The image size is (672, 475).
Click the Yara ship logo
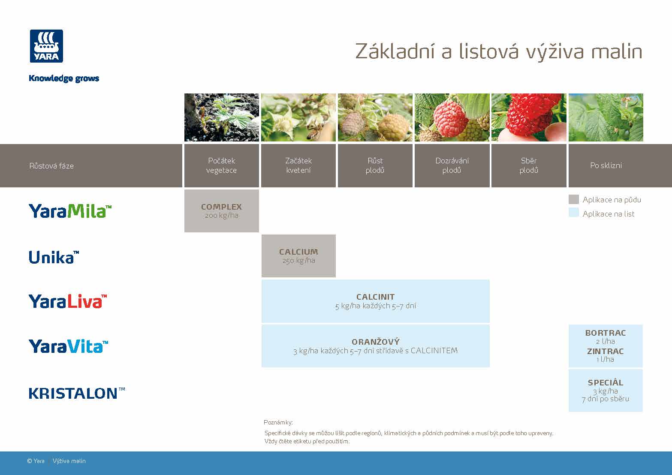(46, 46)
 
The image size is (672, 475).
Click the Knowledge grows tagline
(64, 78)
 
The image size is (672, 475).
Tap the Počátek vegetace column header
(221, 165)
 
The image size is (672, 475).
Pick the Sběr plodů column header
(528, 165)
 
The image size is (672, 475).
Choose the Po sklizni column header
(606, 165)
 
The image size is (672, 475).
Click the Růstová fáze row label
(51, 166)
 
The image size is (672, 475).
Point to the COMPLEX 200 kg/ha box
(221, 211)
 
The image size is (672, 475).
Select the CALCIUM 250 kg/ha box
(298, 256)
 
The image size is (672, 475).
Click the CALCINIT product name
(375, 297)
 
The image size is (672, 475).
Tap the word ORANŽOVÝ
(375, 342)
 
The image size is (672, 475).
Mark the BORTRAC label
(605, 333)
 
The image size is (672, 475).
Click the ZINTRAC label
(605, 351)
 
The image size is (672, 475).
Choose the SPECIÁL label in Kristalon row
(605, 382)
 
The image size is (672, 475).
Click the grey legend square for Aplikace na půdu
(573, 199)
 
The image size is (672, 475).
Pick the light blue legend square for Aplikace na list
(573, 213)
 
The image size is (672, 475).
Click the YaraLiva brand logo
(67, 301)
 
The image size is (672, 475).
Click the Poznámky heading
(278, 422)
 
